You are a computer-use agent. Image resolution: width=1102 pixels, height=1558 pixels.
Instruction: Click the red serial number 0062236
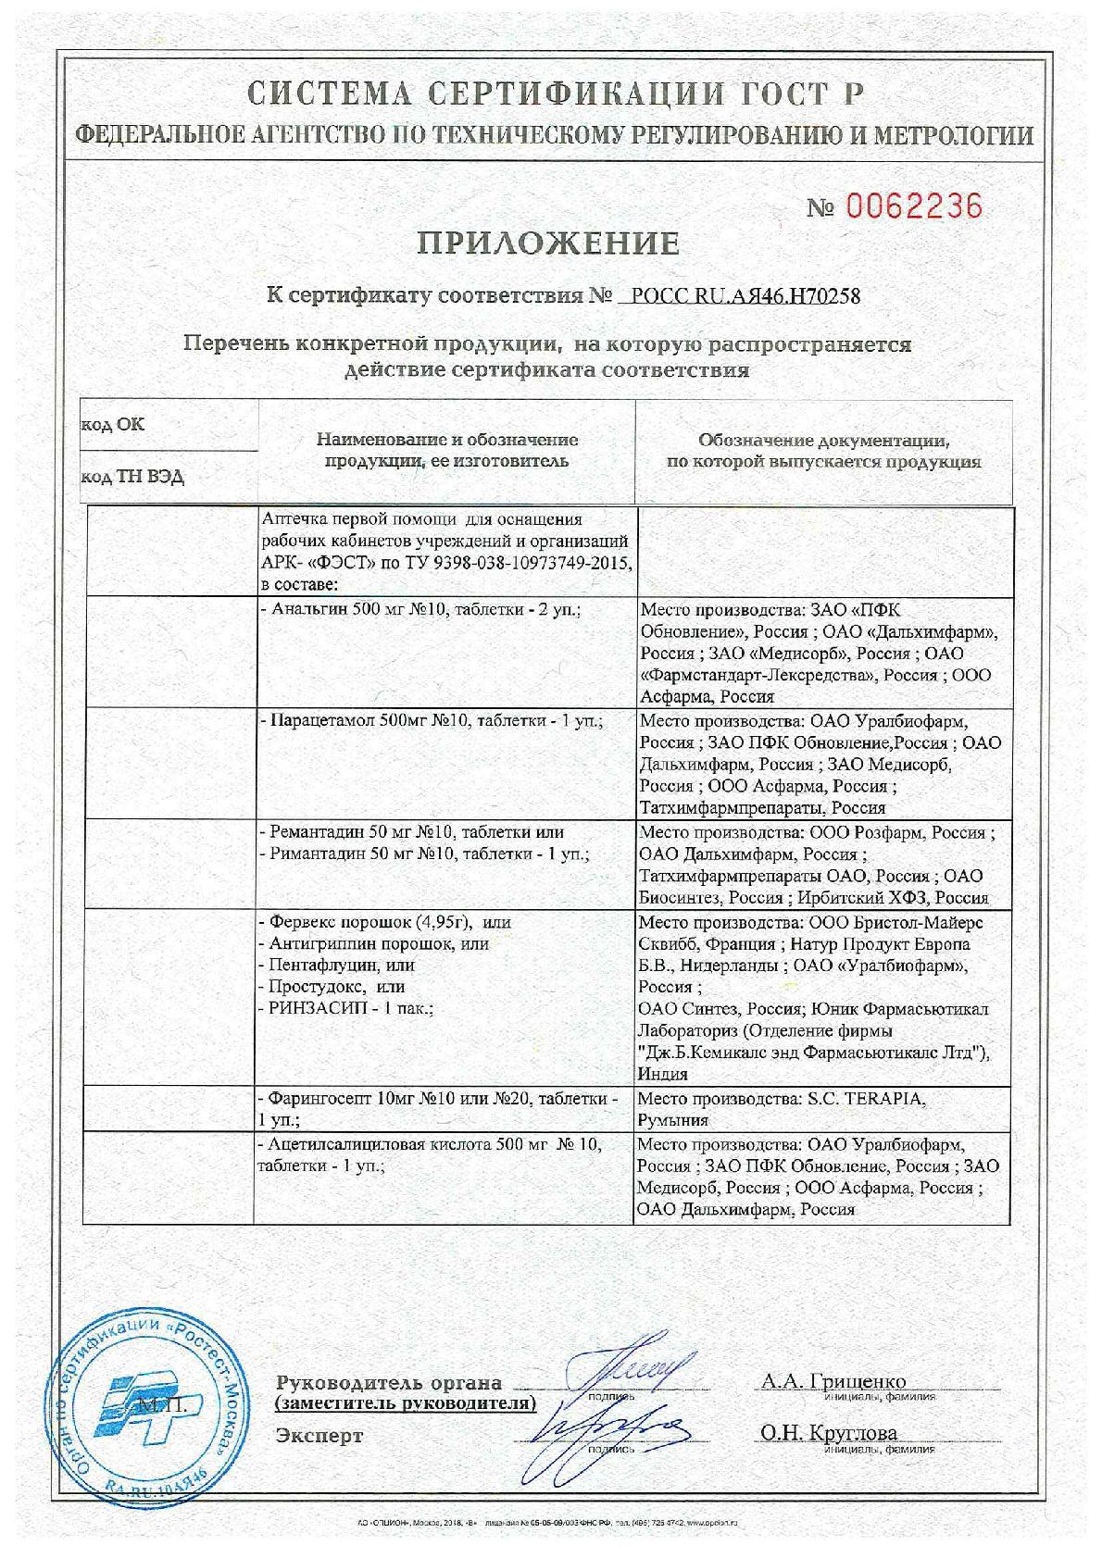911,206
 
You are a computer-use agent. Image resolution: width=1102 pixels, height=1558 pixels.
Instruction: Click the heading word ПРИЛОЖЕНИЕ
548,243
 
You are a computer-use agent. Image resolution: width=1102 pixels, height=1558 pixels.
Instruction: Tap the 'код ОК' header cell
113,424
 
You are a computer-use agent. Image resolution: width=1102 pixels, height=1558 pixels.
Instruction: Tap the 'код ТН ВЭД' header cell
132,478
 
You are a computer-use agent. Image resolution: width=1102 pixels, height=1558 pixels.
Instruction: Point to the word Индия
663,1075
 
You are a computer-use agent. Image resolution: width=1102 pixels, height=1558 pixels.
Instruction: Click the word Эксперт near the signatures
319,1436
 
